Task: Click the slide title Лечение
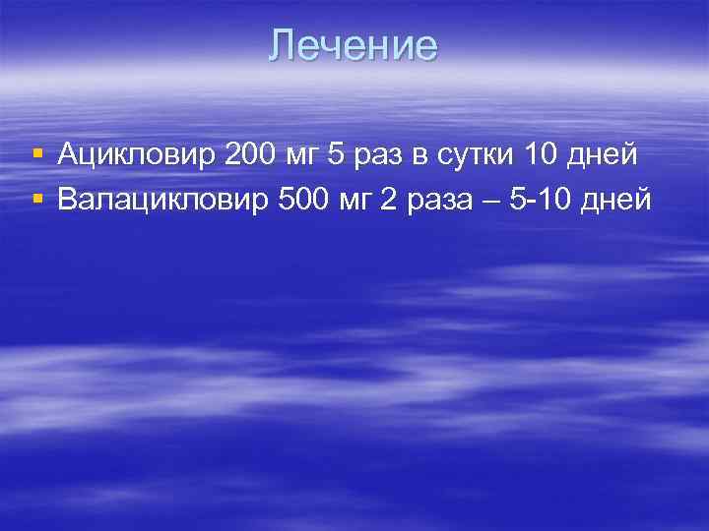[x=354, y=46]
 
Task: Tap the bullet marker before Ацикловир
[x=37, y=153]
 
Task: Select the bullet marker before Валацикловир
[x=37, y=200]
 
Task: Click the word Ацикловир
[x=138, y=154]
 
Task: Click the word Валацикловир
[x=161, y=201]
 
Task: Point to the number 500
[x=304, y=201]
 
